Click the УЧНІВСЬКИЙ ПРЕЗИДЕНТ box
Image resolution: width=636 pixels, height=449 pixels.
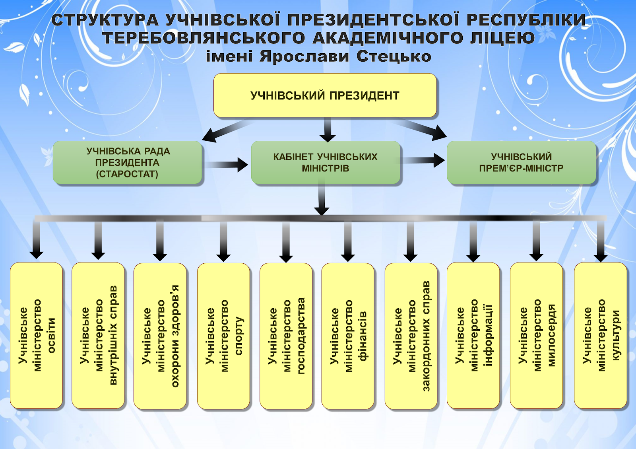[325, 95]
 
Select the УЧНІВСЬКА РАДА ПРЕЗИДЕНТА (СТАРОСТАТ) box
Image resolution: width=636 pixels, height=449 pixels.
[127, 162]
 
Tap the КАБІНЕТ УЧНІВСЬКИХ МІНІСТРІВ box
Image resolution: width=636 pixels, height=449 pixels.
[326, 162]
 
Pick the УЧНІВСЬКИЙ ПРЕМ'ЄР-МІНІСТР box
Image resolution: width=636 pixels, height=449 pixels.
[521, 162]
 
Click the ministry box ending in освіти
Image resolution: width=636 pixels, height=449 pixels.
[36, 335]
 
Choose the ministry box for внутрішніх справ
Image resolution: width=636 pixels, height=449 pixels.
[98, 335]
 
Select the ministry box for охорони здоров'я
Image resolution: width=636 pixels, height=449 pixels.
[160, 336]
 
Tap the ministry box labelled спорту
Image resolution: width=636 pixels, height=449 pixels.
[223, 336]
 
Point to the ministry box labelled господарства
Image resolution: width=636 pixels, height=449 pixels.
[286, 336]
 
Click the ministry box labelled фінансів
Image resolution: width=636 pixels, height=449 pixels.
[348, 336]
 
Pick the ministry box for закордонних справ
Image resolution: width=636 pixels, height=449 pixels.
[411, 336]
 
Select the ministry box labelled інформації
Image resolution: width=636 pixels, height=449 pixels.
[473, 335]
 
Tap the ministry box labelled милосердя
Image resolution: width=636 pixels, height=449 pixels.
[536, 335]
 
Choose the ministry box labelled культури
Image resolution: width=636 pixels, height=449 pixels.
[601, 335]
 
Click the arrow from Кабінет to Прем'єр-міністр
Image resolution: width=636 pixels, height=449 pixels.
[423, 160]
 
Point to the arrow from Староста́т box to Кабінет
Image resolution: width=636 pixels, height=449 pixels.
[227, 165]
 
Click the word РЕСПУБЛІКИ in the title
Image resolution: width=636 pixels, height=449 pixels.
[526, 20]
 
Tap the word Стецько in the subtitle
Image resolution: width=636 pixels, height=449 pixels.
[394, 56]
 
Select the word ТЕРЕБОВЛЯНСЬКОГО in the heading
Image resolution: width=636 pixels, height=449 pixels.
[204, 38]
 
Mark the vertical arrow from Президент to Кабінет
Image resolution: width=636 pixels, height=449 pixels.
[328, 130]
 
